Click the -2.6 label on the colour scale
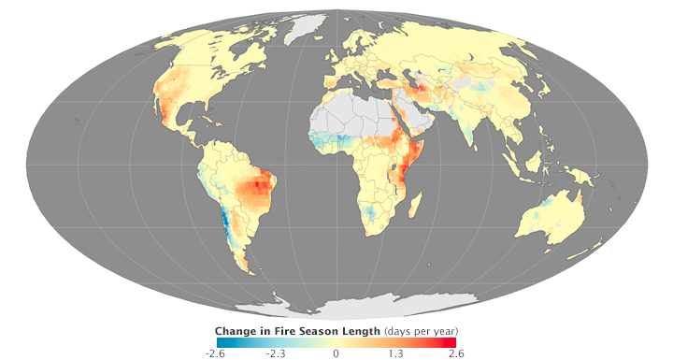pos(215,353)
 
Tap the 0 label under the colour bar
pos(336,353)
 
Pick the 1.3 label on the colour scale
pos(396,353)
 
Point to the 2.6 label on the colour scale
pos(456,353)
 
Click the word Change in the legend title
pos(236,331)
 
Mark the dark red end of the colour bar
pos(452,341)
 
